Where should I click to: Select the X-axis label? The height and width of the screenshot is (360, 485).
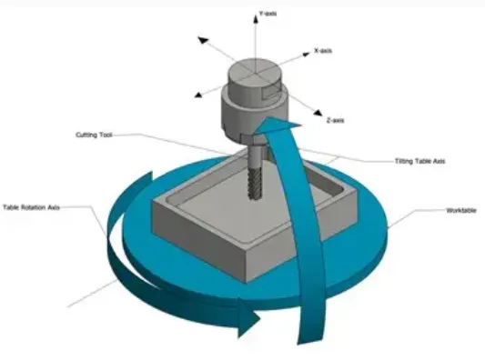click(x=323, y=51)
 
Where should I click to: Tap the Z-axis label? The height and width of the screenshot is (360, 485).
click(x=335, y=120)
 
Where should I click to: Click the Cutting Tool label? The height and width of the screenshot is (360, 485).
click(x=93, y=135)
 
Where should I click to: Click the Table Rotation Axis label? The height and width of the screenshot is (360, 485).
click(x=32, y=206)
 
